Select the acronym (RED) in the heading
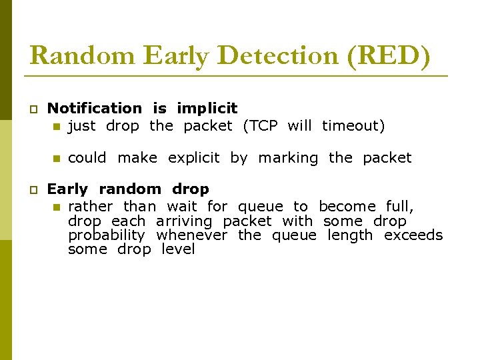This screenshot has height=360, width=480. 389,55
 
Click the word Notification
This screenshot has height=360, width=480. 95,108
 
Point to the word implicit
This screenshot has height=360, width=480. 207,108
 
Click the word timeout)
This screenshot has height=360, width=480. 353,125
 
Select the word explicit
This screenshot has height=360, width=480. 193,158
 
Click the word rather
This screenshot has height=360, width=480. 90,207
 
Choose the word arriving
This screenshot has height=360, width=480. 184,221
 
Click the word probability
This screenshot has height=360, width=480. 106,235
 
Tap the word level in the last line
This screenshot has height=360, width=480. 178,249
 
